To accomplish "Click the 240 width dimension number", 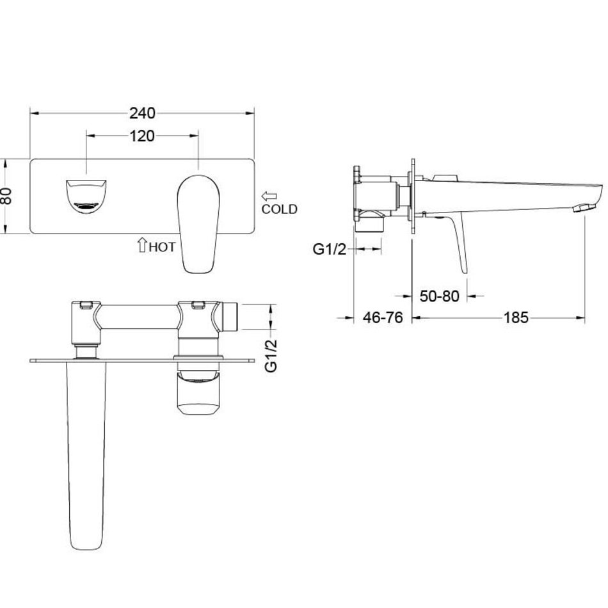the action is (x=142, y=113).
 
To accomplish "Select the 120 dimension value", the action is (x=142, y=136).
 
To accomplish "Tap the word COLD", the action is (x=279, y=209).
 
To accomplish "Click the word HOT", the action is (x=162, y=246).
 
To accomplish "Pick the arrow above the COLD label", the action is (x=269, y=196).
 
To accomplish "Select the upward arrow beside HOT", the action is (x=142, y=245).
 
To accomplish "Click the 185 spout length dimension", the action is (x=516, y=318).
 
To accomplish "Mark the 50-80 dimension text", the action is (x=439, y=296).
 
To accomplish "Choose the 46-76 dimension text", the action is (x=383, y=318).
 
